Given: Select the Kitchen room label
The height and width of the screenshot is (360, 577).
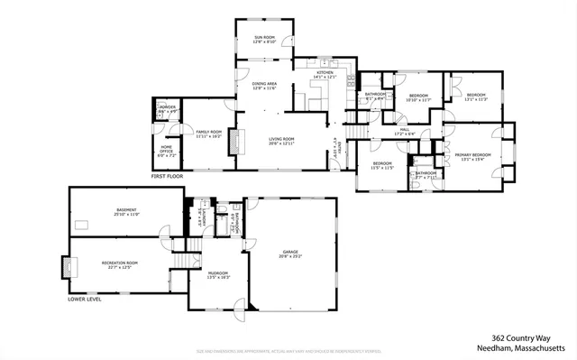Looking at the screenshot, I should tap(325, 76).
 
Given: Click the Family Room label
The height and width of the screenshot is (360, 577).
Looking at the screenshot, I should tap(208, 134).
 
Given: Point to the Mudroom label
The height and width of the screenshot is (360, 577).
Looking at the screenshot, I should tap(219, 274).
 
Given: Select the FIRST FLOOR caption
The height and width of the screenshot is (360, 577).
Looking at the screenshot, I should tap(167, 177).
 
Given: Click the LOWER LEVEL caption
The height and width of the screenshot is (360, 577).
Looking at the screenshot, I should tap(84, 298).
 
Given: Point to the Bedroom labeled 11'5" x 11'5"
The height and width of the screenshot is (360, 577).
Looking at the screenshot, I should tap(382, 166).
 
